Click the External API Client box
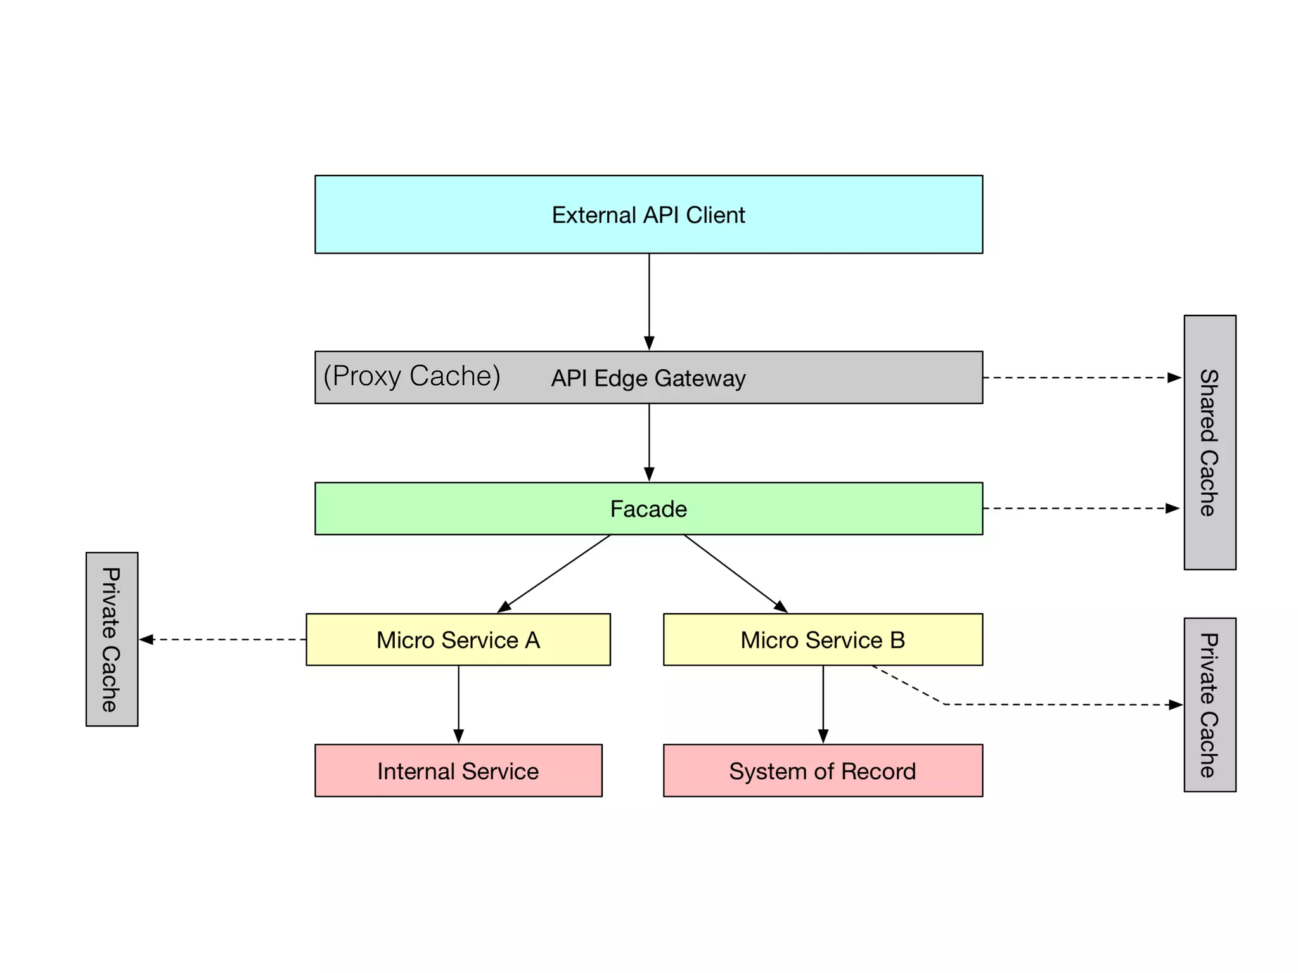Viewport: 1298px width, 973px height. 648,214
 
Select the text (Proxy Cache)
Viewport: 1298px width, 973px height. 412,376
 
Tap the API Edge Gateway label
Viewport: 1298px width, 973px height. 648,378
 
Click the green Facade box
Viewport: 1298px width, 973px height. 648,509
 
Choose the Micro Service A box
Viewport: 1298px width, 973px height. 458,640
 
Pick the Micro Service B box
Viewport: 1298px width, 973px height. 823,640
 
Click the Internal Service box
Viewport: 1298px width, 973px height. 458,771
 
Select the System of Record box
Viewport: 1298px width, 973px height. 823,771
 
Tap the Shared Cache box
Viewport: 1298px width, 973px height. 1209,442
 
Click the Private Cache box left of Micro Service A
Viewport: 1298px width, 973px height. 112,639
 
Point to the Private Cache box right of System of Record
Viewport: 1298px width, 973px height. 1209,704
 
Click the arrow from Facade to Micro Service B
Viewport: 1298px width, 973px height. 735,573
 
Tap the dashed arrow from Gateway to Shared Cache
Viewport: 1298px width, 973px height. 1081,378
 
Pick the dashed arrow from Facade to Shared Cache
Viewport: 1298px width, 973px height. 1081,508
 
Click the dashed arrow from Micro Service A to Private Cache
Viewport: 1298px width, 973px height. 222,640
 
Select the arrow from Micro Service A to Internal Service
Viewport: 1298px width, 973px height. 459,703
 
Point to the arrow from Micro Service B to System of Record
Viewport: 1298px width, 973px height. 823,703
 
